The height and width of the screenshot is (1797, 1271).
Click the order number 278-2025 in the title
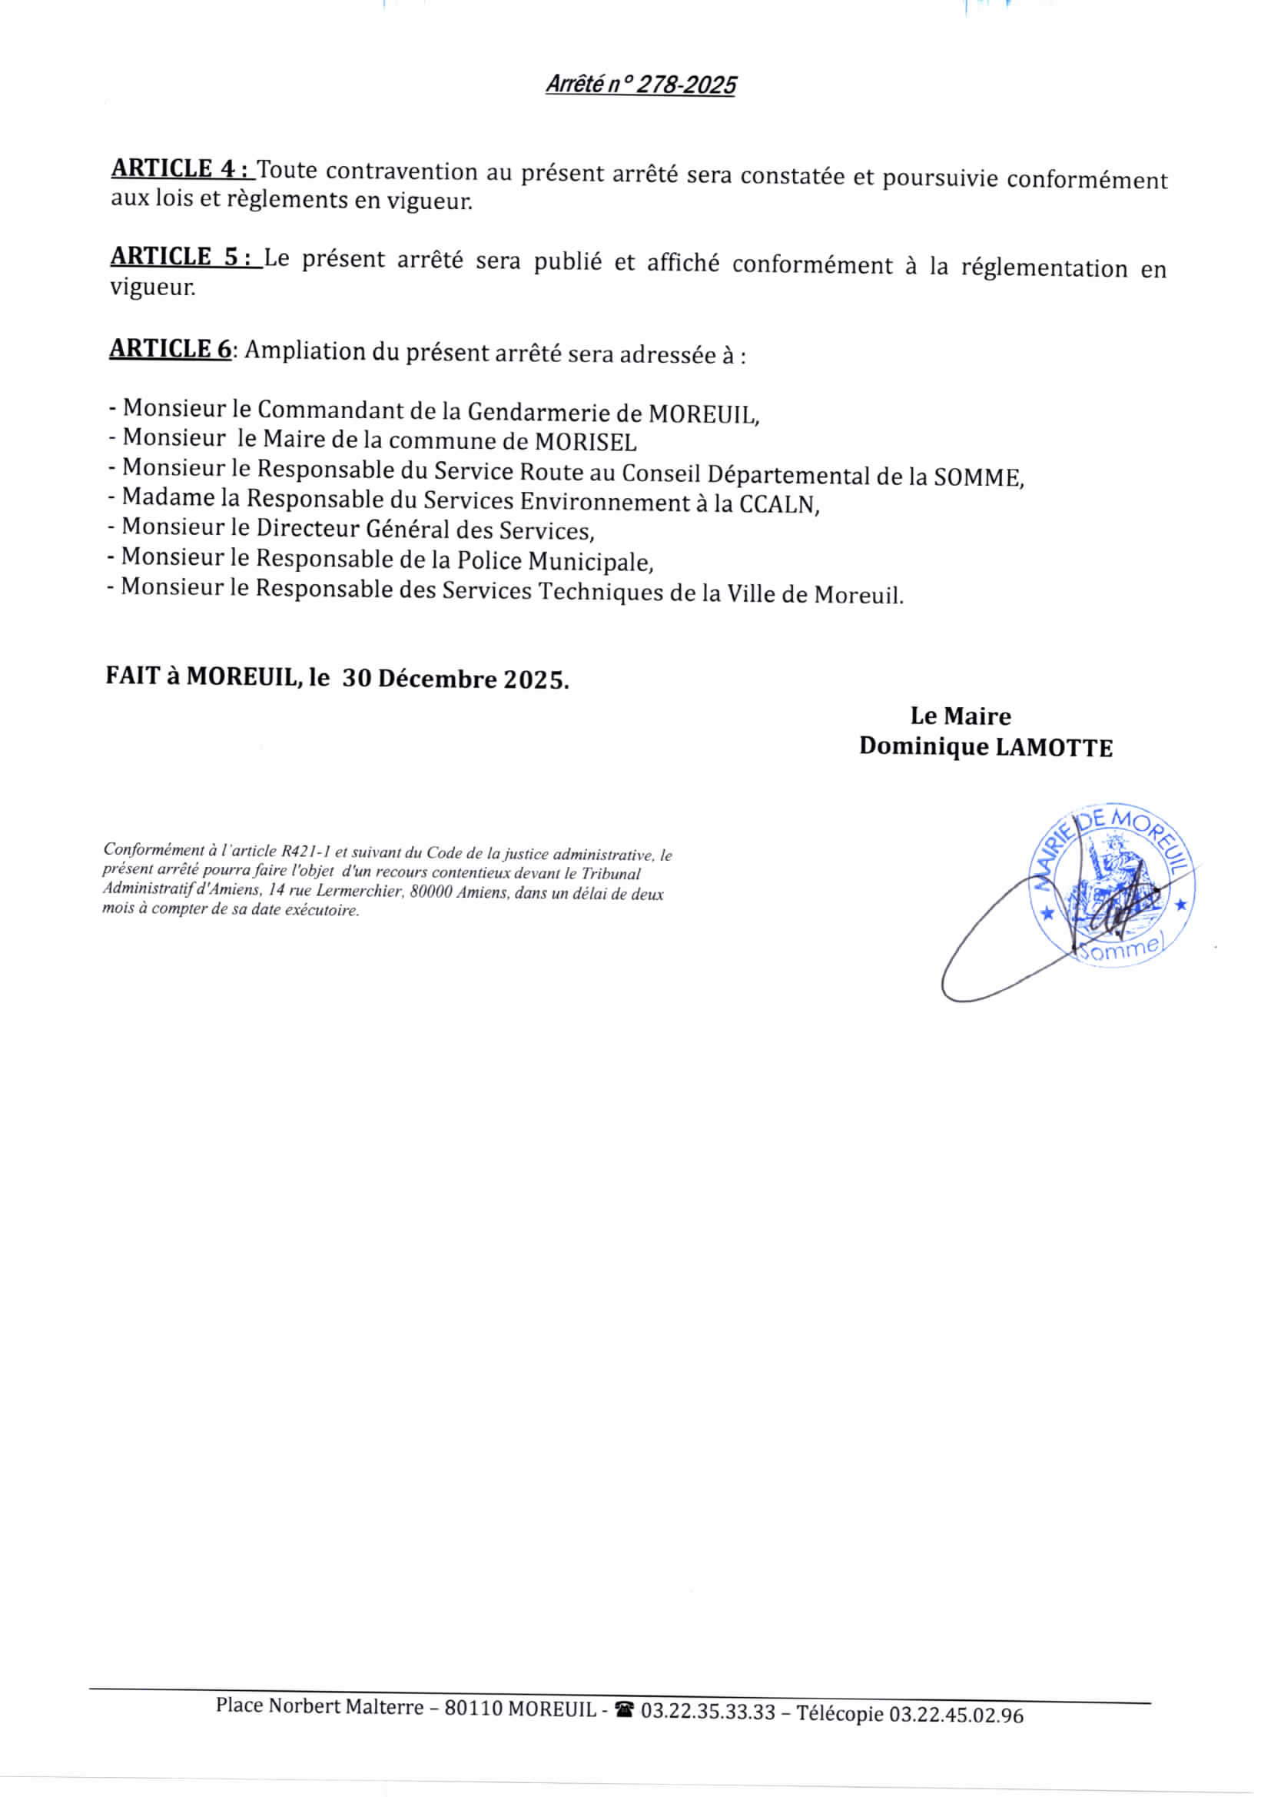pyautogui.click(x=685, y=85)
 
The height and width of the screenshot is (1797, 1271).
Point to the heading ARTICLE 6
pyautogui.click(x=170, y=347)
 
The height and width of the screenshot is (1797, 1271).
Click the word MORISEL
pyautogui.click(x=586, y=442)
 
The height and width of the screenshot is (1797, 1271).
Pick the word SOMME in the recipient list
pyautogui.click(x=977, y=477)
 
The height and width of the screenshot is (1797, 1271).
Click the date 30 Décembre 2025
pyautogui.click(x=454, y=679)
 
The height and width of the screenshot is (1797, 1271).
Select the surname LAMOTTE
pyautogui.click(x=1054, y=747)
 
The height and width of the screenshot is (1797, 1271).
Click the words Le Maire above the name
pyautogui.click(x=961, y=716)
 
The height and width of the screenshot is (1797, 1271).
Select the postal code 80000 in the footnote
pyautogui.click(x=430, y=892)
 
